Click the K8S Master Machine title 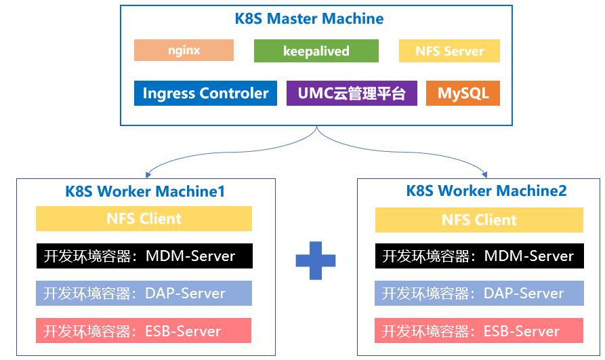tap(309, 18)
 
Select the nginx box tap(184, 50)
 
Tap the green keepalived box tap(316, 51)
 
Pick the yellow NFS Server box tap(449, 51)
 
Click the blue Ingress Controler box tap(205, 93)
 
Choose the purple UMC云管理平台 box tap(352, 93)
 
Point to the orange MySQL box tap(463, 93)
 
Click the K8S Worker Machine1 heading tap(145, 192)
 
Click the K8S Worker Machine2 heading tap(486, 191)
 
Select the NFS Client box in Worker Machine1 tap(144, 218)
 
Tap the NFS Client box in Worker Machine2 tap(479, 220)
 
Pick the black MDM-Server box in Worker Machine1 tap(144, 256)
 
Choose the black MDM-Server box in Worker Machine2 tap(479, 256)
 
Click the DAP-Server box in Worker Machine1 tap(144, 293)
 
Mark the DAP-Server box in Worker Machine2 tap(479, 293)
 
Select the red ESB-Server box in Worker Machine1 tap(144, 331)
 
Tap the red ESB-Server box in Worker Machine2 tap(479, 331)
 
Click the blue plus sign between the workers tap(316, 260)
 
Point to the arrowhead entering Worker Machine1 tap(148, 175)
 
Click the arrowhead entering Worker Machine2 tap(485, 175)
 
